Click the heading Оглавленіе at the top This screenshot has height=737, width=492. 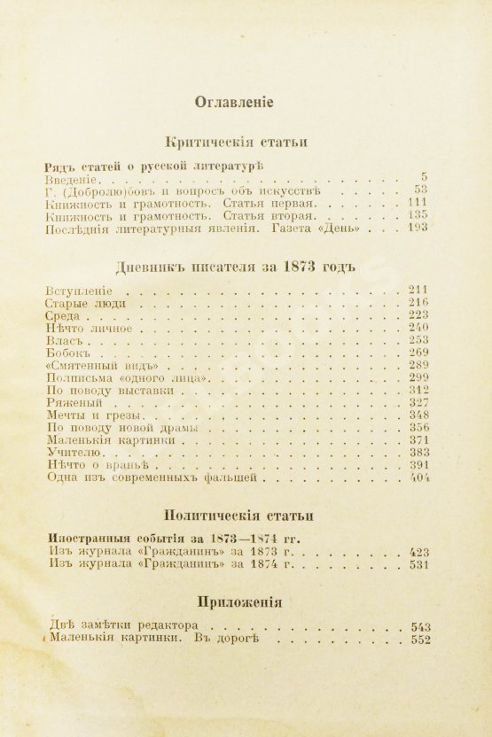pyautogui.click(x=234, y=102)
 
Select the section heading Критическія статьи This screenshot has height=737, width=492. pyautogui.click(x=235, y=143)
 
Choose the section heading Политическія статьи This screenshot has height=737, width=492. pyautogui.click(x=235, y=516)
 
